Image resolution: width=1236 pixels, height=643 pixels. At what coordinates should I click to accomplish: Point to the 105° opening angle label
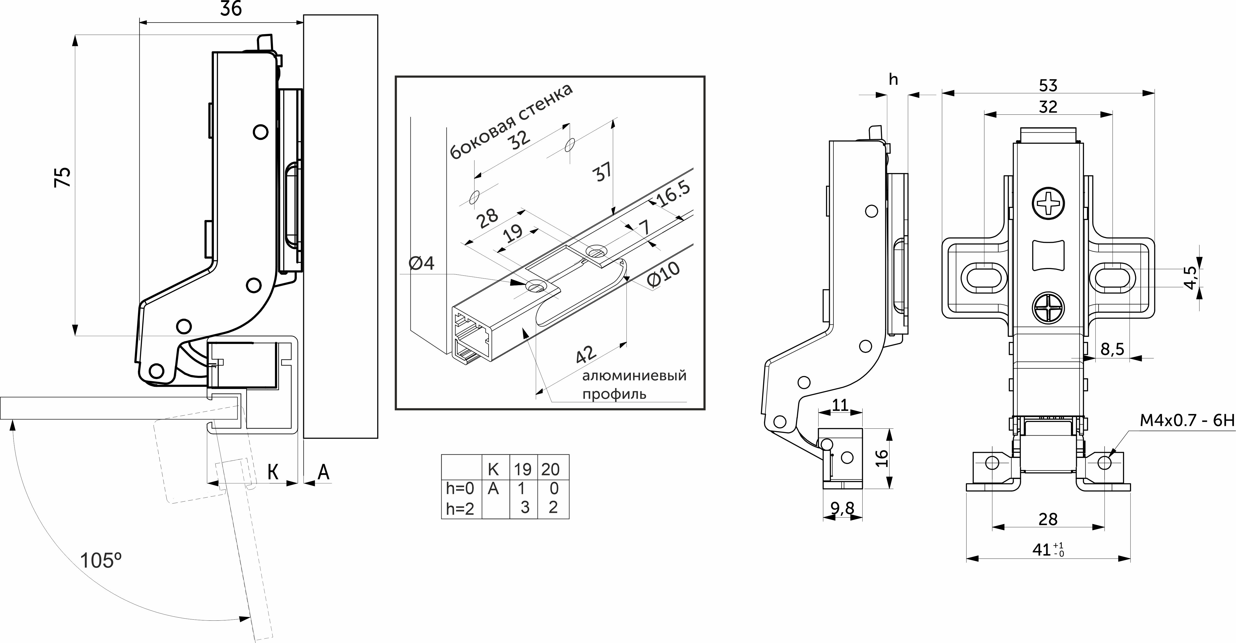101,560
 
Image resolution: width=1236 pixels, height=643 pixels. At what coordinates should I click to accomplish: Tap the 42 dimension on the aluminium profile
586,354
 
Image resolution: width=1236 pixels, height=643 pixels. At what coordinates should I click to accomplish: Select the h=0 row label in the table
460,488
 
